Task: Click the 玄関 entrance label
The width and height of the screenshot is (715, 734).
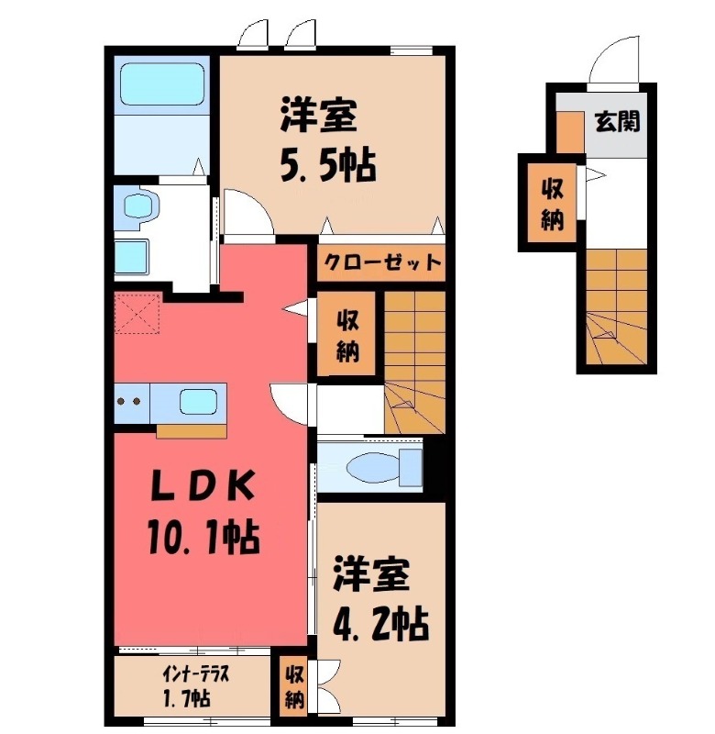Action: [x=616, y=121]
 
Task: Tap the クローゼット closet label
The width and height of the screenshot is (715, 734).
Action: [x=380, y=263]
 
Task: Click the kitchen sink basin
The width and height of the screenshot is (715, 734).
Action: [x=199, y=402]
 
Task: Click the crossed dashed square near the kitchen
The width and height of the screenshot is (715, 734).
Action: [x=137, y=315]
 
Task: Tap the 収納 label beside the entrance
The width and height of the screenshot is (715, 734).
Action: [x=551, y=205]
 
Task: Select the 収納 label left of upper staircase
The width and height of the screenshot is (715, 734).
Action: [x=346, y=336]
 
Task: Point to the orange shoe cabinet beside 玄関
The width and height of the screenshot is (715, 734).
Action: [x=569, y=132]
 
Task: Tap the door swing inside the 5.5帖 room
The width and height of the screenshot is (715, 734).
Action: [x=246, y=211]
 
